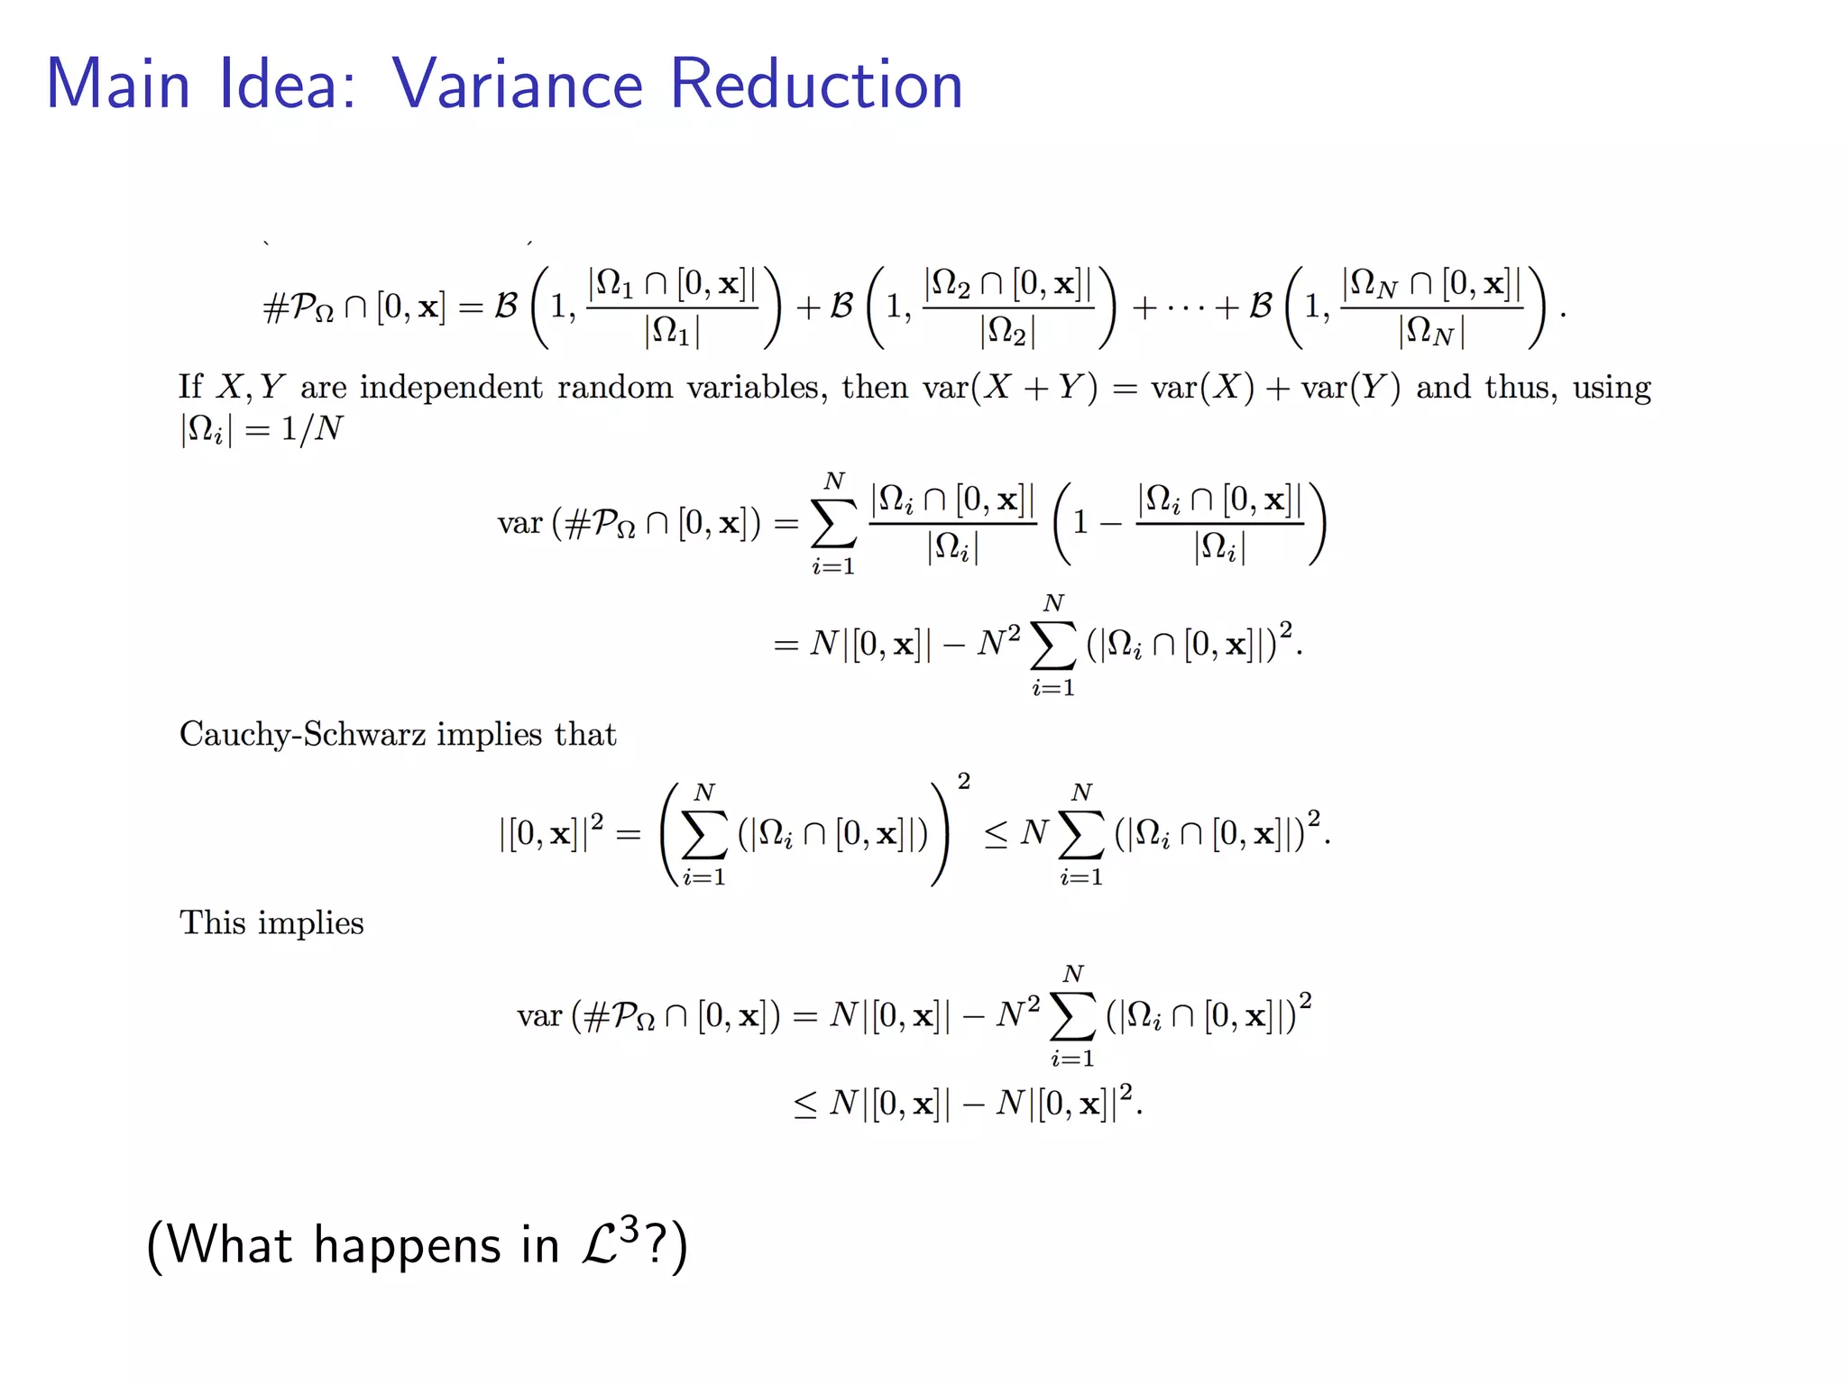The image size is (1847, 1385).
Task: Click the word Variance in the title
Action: [x=517, y=84]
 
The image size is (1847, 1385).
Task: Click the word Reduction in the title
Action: [x=816, y=84]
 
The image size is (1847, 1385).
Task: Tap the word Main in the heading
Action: [x=118, y=84]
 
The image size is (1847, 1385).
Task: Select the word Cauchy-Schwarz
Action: [x=302, y=734]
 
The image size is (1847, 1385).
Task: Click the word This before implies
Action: [x=212, y=922]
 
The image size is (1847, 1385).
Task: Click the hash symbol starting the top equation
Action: [x=274, y=308]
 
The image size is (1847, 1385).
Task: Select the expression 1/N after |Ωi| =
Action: [x=311, y=428]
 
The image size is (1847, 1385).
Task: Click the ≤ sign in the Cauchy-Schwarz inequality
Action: [x=996, y=834]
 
